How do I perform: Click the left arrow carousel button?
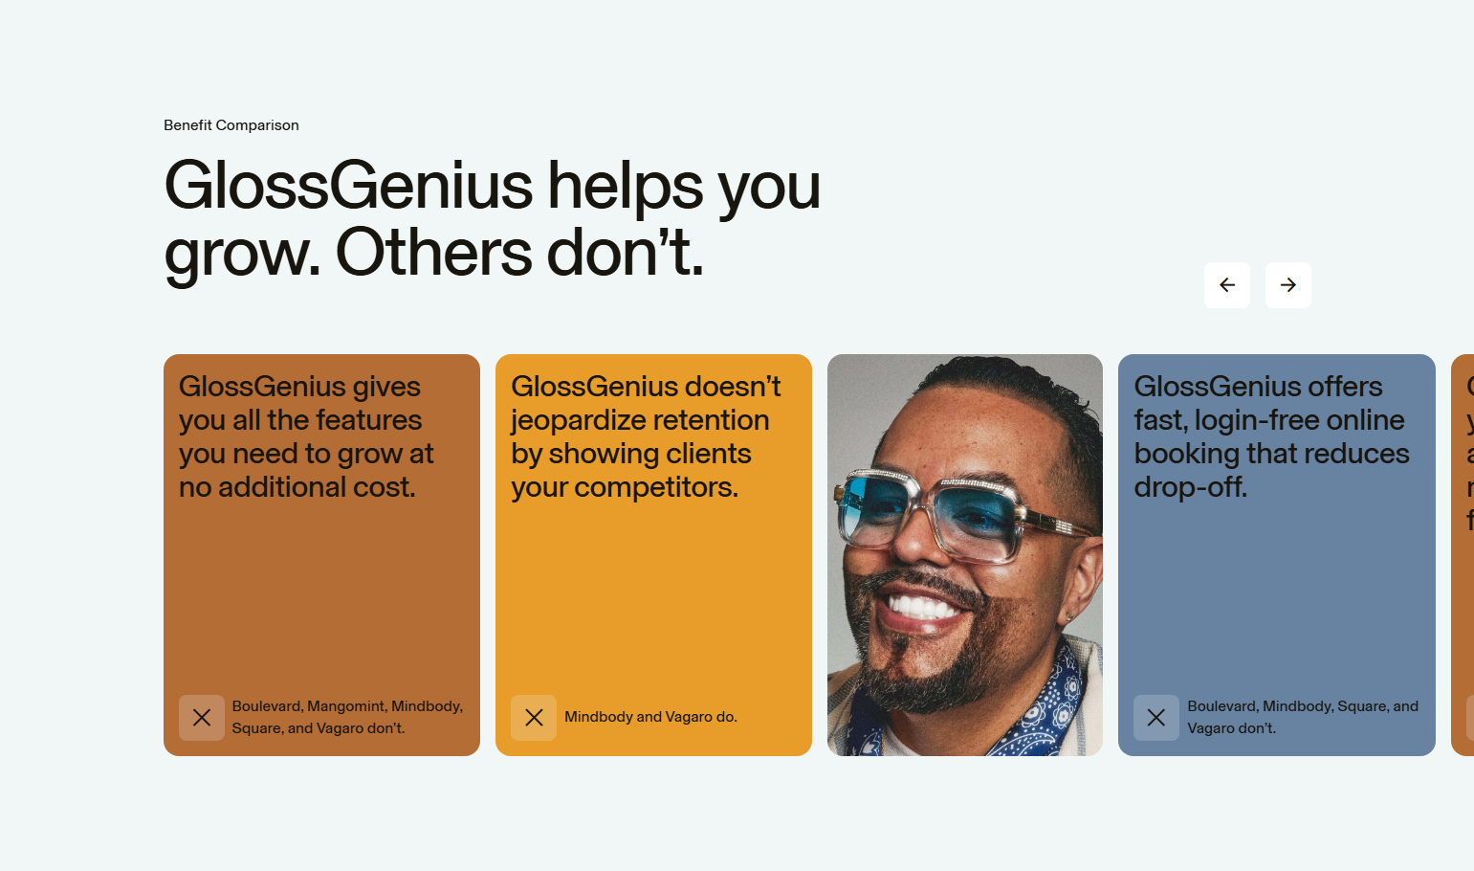click(1227, 285)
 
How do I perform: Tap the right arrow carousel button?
click(1288, 285)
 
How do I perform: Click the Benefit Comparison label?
click(231, 125)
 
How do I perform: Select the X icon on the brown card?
click(202, 718)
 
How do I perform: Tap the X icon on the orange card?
click(534, 718)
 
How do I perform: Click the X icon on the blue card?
click(1156, 718)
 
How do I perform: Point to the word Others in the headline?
click(433, 254)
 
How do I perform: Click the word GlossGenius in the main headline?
click(348, 186)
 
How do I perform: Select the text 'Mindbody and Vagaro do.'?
click(650, 717)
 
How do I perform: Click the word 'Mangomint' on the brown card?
click(346, 706)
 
